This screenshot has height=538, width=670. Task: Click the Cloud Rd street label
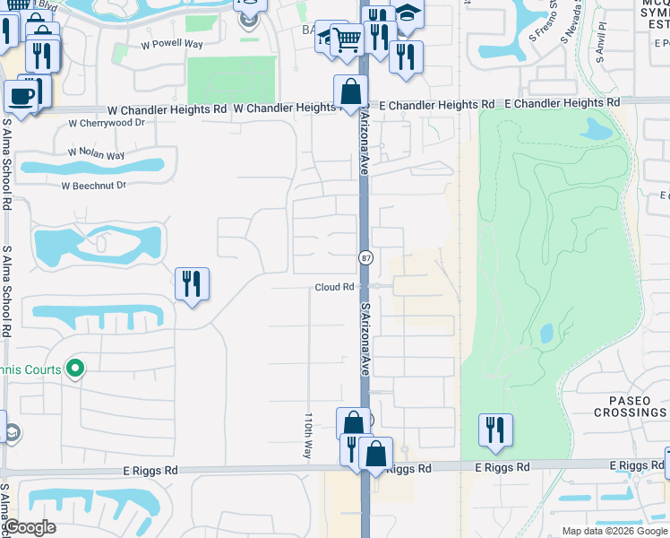click(x=335, y=287)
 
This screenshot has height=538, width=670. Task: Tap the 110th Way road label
click(x=307, y=436)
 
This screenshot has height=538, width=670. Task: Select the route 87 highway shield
click(x=365, y=258)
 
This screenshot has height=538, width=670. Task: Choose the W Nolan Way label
click(x=96, y=154)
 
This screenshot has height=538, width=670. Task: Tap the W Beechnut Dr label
click(x=94, y=186)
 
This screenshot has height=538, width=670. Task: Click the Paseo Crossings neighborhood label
click(x=631, y=405)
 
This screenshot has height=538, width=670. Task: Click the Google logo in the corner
click(x=29, y=527)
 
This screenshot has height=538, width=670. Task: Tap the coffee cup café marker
click(x=21, y=95)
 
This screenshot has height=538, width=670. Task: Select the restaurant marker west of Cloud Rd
click(x=192, y=284)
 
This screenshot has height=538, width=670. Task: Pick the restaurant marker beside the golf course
click(x=494, y=430)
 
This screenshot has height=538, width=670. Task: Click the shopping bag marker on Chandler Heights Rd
click(x=349, y=91)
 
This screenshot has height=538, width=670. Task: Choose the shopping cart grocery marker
click(x=346, y=38)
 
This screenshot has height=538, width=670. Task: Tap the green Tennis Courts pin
click(x=76, y=368)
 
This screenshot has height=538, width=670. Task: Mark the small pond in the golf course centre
click(x=546, y=334)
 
